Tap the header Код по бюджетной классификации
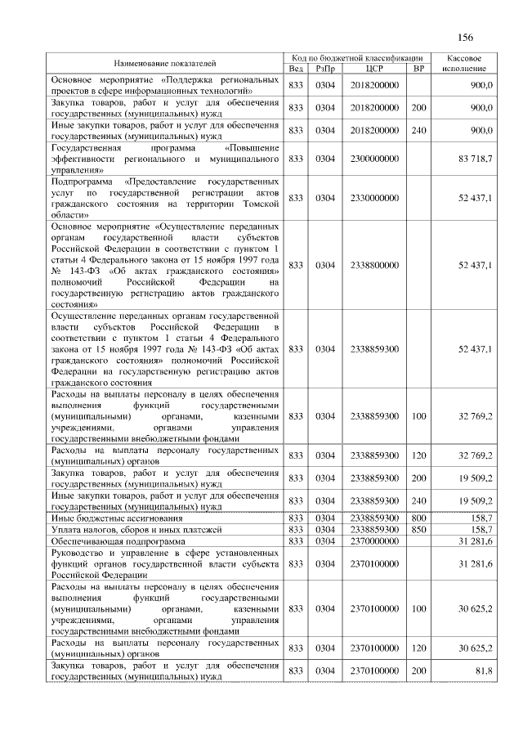click(x=357, y=58)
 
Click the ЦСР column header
click(x=375, y=69)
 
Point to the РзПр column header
click(x=325, y=69)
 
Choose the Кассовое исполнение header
click(x=464, y=63)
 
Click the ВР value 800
click(x=418, y=518)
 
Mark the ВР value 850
click(x=418, y=530)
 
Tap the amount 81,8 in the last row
click(x=482, y=671)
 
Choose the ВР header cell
click(x=418, y=69)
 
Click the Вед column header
click(x=296, y=69)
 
